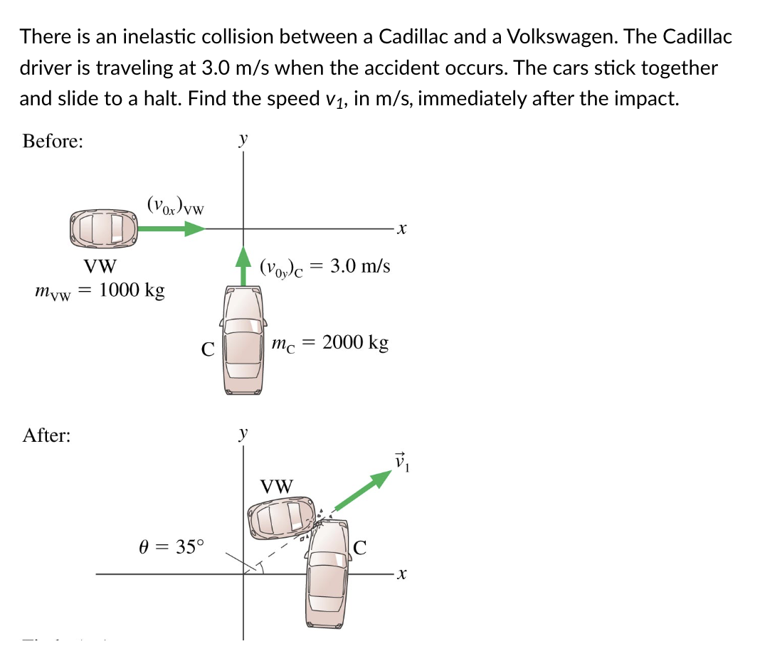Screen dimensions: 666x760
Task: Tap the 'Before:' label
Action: click(x=53, y=141)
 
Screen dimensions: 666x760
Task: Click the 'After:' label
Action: click(x=47, y=435)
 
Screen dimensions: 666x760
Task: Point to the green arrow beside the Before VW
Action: click(x=171, y=228)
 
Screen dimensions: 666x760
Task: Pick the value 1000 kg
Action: click(x=132, y=291)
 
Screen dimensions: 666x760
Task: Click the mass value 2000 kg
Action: click(x=355, y=343)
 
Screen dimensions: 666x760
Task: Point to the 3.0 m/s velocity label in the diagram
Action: click(x=360, y=268)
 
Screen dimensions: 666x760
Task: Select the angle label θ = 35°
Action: click(x=170, y=547)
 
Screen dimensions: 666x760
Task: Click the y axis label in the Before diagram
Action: click(x=243, y=139)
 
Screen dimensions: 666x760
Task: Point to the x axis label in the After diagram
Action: click(x=403, y=574)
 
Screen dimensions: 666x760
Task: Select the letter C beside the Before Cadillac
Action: click(x=207, y=349)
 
